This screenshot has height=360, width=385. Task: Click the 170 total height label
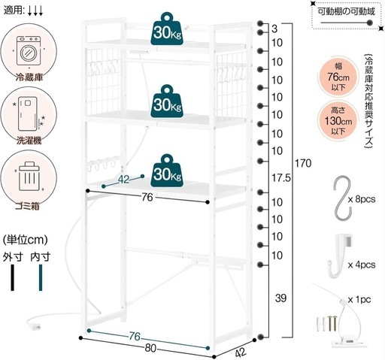click(x=303, y=163)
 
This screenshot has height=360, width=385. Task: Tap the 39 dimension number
click(x=280, y=298)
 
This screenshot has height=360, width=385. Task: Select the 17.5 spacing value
click(x=281, y=178)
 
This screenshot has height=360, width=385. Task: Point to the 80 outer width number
click(x=150, y=348)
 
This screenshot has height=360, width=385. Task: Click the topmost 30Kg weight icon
click(x=167, y=29)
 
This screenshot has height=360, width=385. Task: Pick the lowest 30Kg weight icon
click(x=167, y=171)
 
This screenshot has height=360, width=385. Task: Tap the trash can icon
click(x=29, y=176)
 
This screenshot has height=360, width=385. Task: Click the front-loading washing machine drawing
click(x=29, y=50)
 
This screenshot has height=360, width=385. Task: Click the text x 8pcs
click(x=362, y=199)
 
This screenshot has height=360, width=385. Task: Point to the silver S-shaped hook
click(x=342, y=198)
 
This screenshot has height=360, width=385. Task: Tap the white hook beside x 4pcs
click(x=340, y=256)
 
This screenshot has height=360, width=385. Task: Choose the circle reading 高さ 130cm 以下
click(x=338, y=121)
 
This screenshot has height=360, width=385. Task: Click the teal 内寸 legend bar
click(x=41, y=277)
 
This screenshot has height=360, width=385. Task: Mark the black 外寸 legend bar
click(x=13, y=277)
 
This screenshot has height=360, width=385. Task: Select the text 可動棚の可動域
click(x=347, y=11)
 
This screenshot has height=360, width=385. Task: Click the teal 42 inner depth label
click(x=123, y=180)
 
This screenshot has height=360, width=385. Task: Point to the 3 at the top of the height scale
click(x=274, y=29)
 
